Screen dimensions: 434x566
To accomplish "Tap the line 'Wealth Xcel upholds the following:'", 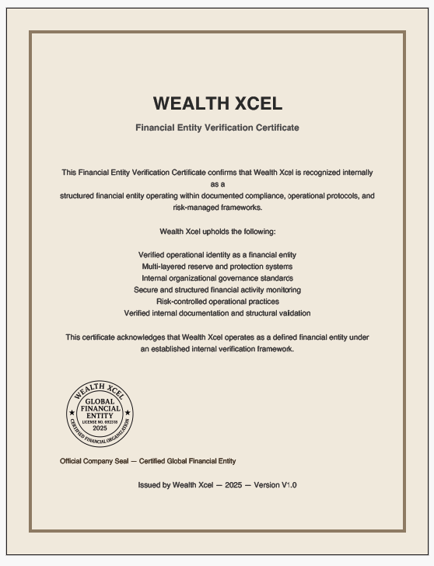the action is pos(217,232).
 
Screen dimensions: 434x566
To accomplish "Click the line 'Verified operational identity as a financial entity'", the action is pos(217,255).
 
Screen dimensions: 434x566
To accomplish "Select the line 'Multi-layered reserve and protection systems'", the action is pos(217,267).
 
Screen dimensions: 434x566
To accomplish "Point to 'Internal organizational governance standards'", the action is pos(217,278).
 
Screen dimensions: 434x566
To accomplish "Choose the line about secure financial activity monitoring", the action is pos(217,290).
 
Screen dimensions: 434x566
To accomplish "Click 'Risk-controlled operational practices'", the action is pos(217,302).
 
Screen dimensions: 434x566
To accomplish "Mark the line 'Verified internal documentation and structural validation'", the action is pos(217,313).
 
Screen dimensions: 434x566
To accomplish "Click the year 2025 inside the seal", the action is pos(100,428).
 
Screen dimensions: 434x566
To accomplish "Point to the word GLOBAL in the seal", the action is pos(100,402).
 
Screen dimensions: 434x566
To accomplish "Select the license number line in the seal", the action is pos(100,422).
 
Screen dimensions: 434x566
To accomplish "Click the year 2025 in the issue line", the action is pos(233,485).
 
